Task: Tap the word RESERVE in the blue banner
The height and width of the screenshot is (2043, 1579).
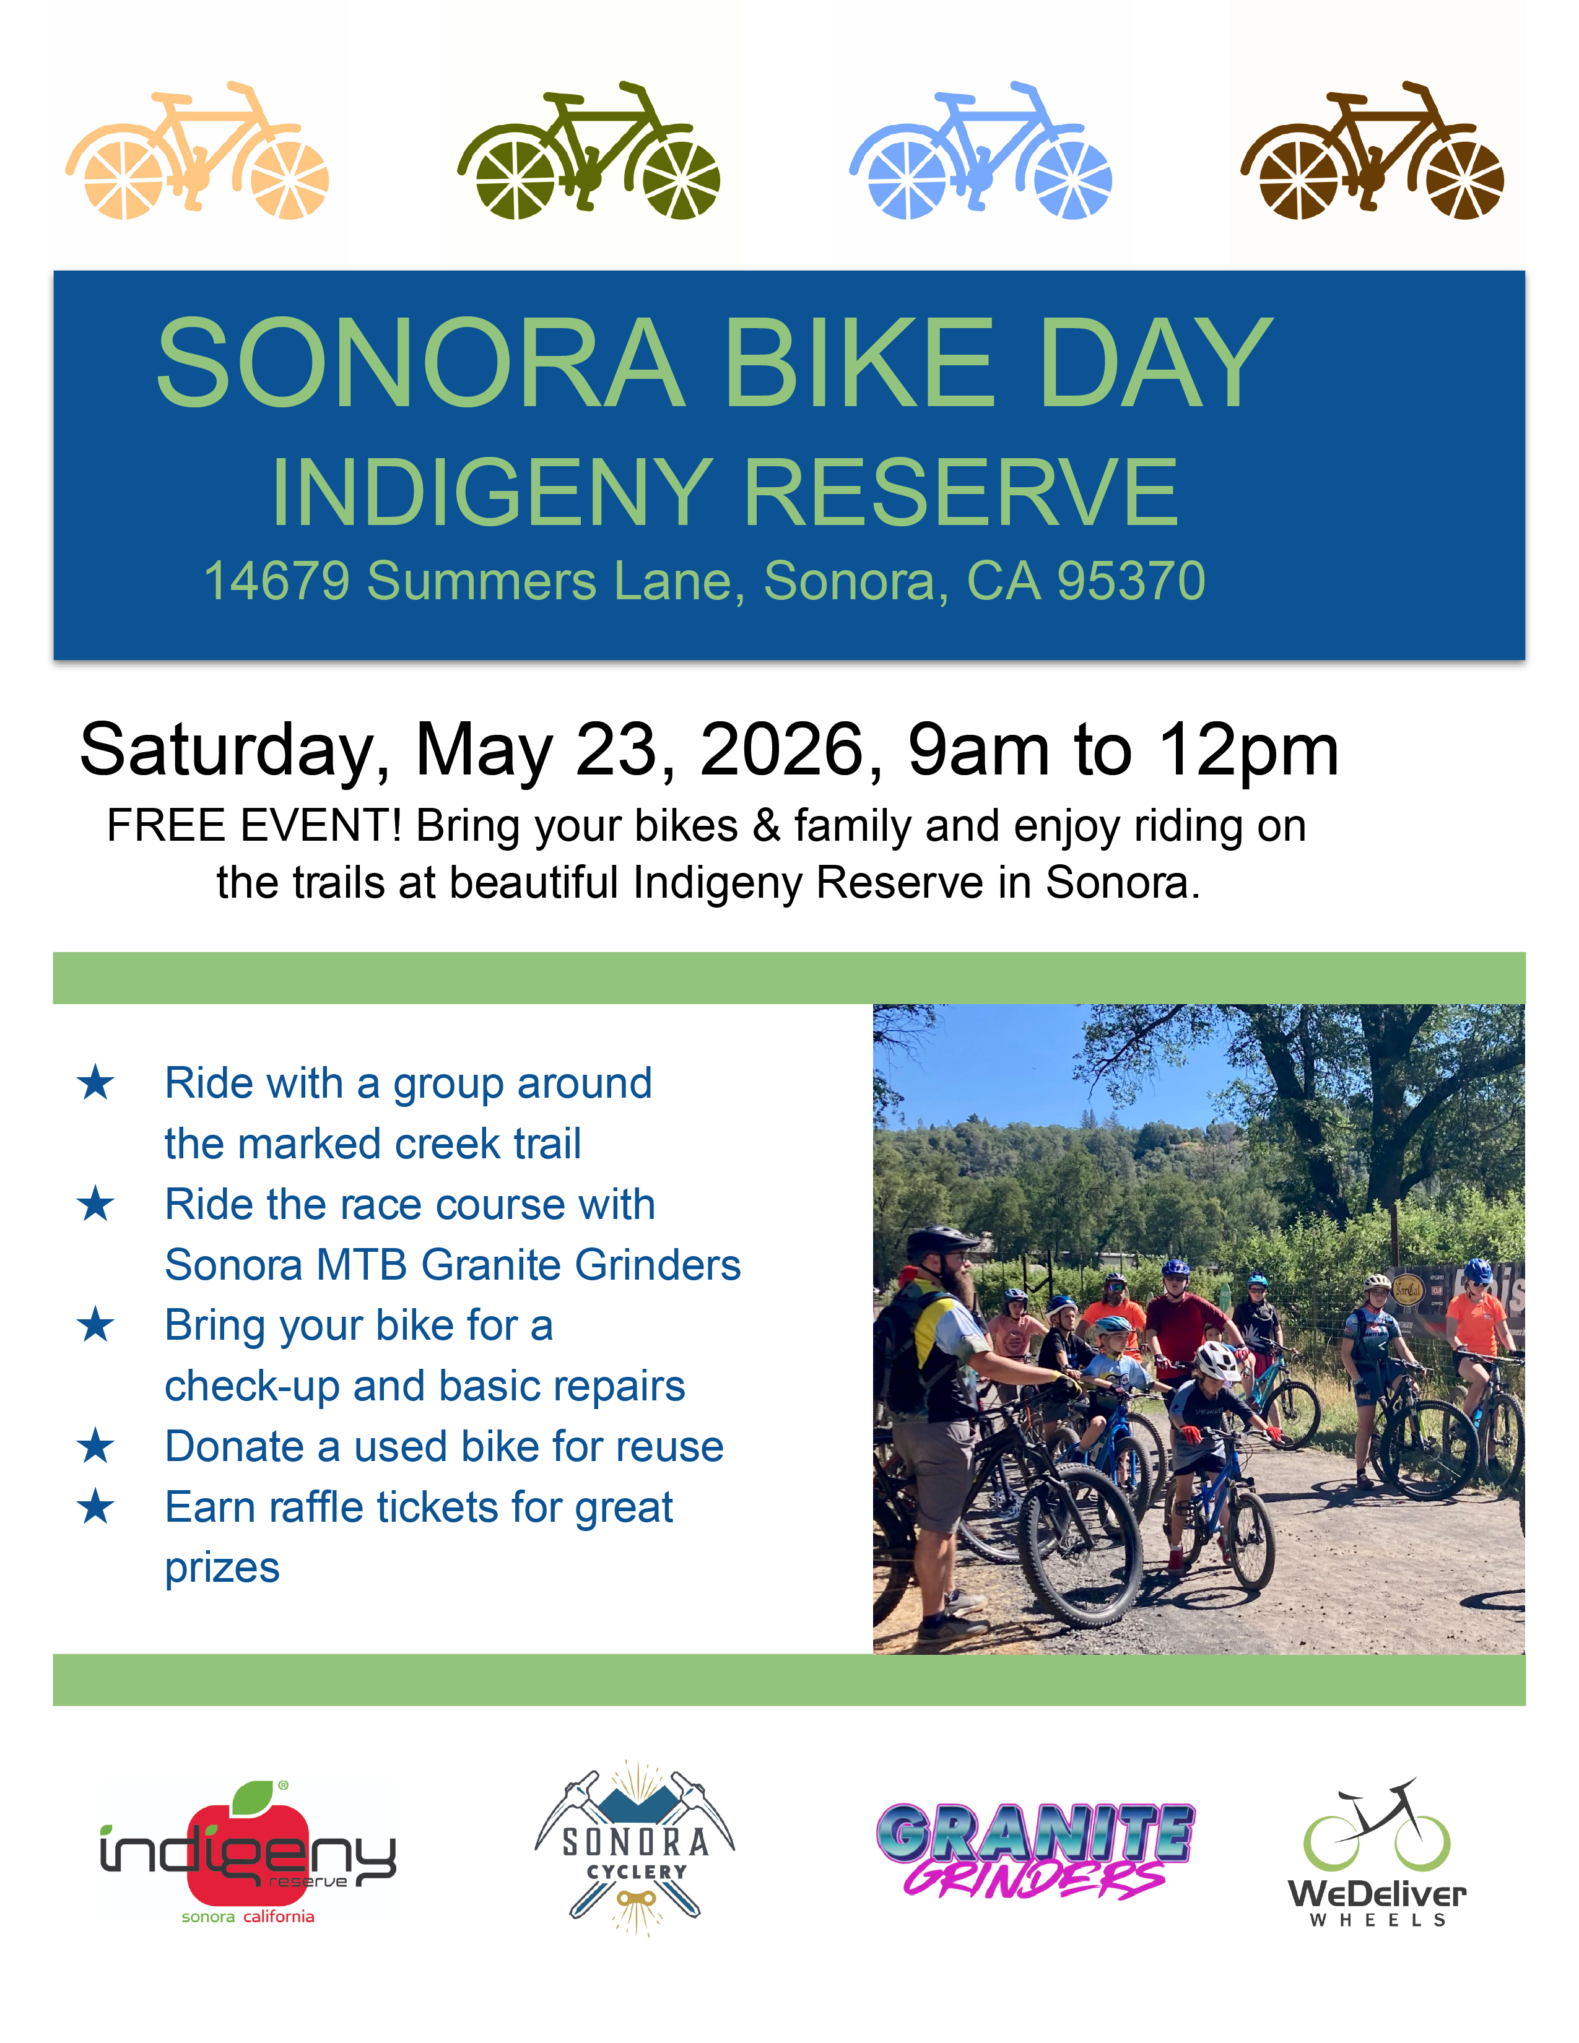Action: pos(960,492)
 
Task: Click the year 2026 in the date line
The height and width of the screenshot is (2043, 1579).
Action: pos(782,749)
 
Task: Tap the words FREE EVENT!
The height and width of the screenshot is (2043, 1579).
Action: pos(254,826)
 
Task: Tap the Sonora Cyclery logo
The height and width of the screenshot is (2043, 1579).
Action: pos(635,1847)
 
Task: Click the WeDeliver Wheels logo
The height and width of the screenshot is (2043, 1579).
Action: pos(1377,1853)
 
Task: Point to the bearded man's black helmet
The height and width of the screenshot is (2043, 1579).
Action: pos(941,1243)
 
